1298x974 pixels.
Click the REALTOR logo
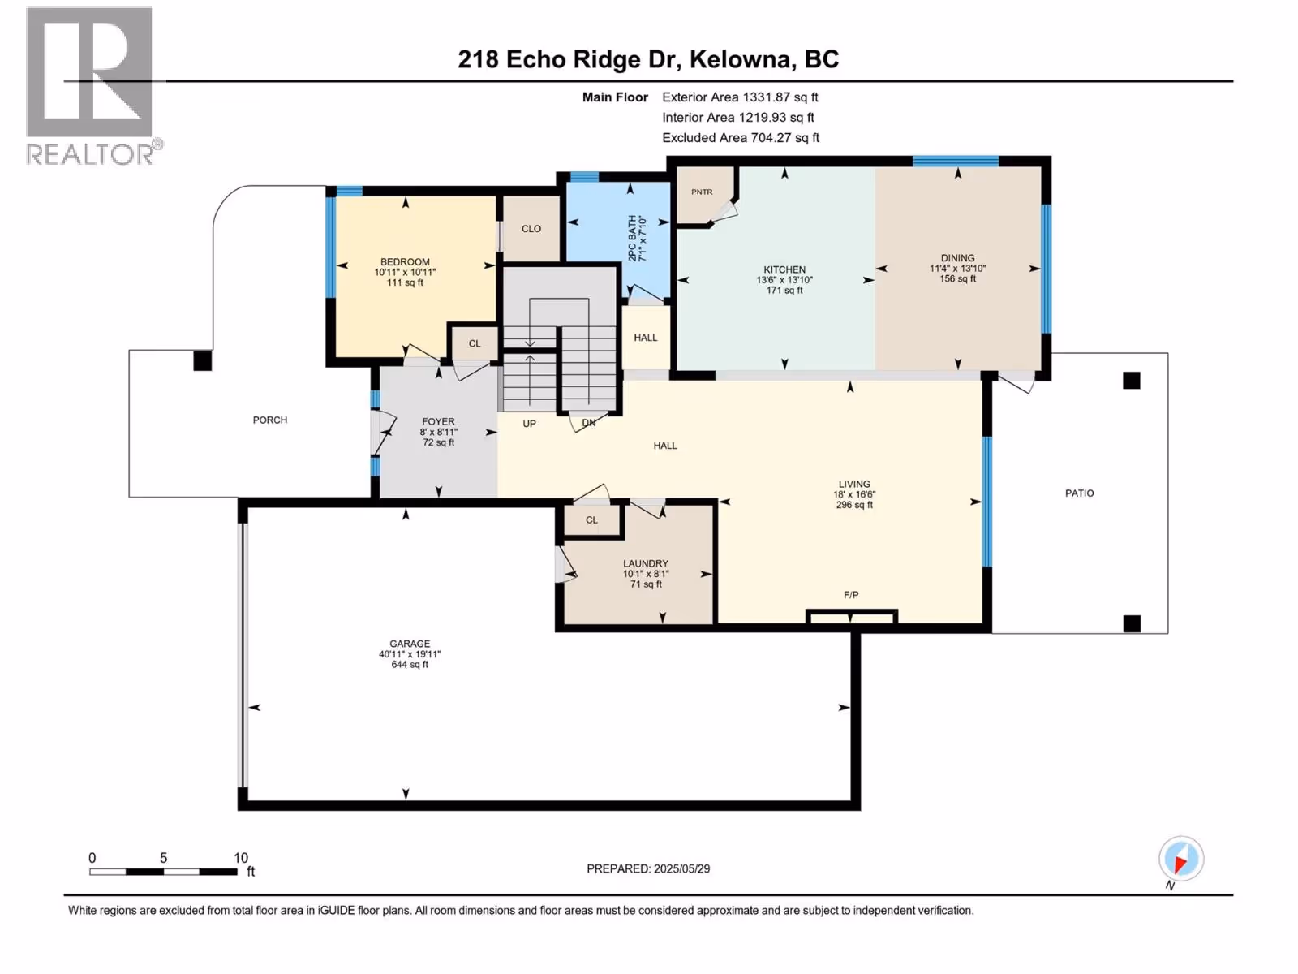pos(92,86)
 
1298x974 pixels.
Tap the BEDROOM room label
pos(405,262)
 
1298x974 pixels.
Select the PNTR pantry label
pos(702,192)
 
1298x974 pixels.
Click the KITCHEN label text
pos(784,269)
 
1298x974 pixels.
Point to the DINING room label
pos(958,258)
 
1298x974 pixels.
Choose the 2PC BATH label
pos(633,239)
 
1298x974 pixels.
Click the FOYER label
pos(438,421)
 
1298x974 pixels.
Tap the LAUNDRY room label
pos(646,563)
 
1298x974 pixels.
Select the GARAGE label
pos(410,644)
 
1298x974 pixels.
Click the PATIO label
pos(1080,493)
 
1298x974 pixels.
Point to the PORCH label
pos(270,420)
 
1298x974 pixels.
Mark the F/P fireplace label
pos(851,595)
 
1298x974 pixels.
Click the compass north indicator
pos(1181,860)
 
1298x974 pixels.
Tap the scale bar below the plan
pos(164,872)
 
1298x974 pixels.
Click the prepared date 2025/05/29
pos(681,868)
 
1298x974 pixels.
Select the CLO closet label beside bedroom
pos(531,229)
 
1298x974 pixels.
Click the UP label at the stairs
pos(529,424)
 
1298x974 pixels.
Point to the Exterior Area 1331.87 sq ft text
pos(741,97)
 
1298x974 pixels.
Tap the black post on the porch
pos(203,360)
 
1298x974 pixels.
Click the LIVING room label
pos(854,484)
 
